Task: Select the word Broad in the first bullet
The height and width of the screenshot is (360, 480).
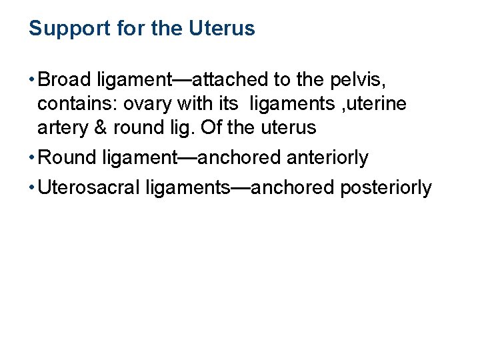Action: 66,80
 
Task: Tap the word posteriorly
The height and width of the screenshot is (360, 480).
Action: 386,188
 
